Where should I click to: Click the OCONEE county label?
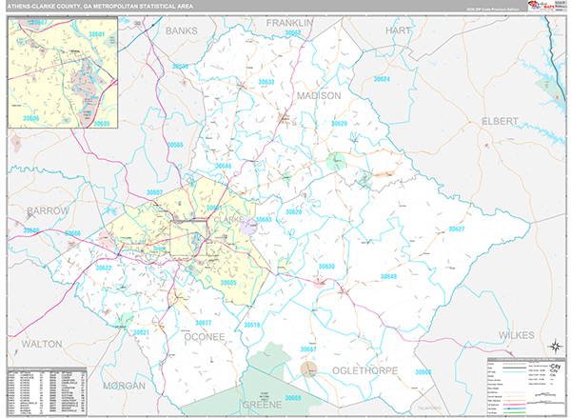click(x=205, y=336)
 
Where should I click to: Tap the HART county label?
click(x=397, y=30)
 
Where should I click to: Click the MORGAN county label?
click(x=125, y=386)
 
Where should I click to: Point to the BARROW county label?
click(x=48, y=209)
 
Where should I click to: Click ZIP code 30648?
click(x=388, y=276)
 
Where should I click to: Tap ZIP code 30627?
click(x=457, y=229)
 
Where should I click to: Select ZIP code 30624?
click(x=383, y=78)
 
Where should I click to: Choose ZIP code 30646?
click(x=223, y=166)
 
